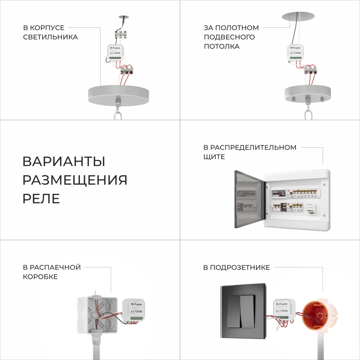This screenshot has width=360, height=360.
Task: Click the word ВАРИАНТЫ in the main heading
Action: (x=64, y=161)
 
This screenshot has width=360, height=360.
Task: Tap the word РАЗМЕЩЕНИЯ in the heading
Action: (x=75, y=180)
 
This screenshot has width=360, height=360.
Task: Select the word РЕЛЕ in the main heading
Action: (x=41, y=198)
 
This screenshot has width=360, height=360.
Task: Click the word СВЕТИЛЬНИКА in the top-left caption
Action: (x=50, y=37)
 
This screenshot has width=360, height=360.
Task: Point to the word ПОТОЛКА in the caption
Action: (x=221, y=46)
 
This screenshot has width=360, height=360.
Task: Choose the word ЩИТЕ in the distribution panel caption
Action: (x=214, y=157)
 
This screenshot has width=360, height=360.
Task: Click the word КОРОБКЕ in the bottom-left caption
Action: (x=40, y=277)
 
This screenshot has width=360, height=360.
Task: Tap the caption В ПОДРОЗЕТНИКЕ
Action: (x=237, y=267)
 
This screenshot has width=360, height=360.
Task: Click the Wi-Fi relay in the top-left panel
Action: (x=117, y=52)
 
